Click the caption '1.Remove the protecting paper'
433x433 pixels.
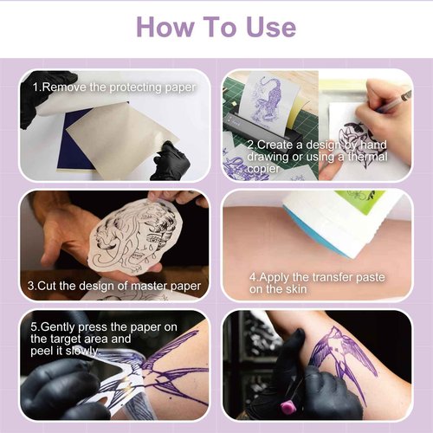(x=114, y=87)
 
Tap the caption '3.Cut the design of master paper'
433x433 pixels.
(x=113, y=286)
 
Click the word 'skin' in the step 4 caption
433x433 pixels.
(x=296, y=293)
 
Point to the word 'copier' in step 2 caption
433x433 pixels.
(x=268, y=169)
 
